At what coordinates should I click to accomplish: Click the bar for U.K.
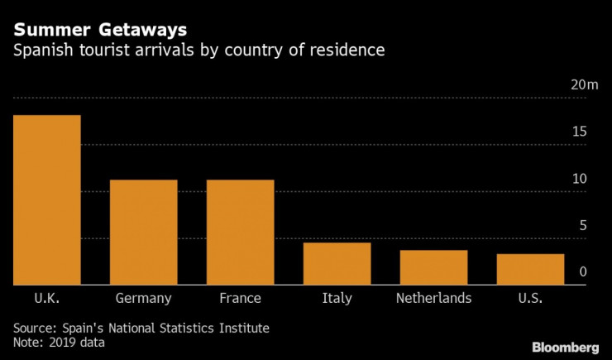(x=46, y=199)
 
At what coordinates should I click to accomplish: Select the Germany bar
(x=143, y=232)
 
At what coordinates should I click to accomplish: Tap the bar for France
(x=240, y=232)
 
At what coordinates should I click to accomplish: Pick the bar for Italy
(x=337, y=263)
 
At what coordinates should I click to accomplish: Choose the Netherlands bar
(x=433, y=267)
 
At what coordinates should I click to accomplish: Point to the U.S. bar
(x=530, y=269)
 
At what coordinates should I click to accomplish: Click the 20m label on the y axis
(x=584, y=85)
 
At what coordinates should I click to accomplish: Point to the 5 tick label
(x=583, y=225)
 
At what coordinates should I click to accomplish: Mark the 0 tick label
(x=583, y=272)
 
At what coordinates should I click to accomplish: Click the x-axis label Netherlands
(x=433, y=298)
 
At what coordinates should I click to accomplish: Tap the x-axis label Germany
(x=143, y=298)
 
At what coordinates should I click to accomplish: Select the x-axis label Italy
(x=337, y=298)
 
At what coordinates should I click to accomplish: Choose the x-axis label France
(x=240, y=298)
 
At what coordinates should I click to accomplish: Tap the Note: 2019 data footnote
(x=58, y=342)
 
